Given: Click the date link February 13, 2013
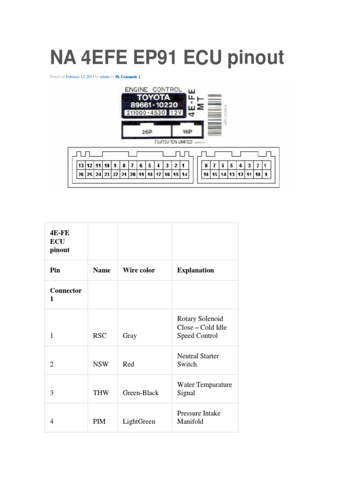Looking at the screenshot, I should click(80, 77).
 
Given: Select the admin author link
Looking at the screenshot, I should click(105, 77).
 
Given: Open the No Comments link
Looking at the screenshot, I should click(127, 77).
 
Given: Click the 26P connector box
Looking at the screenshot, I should click(147, 132).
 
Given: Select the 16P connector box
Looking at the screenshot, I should click(187, 132).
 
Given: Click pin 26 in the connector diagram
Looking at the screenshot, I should click(81, 174).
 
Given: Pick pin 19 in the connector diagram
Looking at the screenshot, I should click(141, 174).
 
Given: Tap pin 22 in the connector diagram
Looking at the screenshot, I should click(115, 174).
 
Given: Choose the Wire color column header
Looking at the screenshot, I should click(139, 270).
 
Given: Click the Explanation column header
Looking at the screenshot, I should click(195, 270).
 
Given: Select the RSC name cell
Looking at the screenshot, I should click(100, 336).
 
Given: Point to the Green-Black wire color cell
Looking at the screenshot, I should click(141, 393).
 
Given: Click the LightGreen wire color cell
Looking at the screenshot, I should click(139, 421).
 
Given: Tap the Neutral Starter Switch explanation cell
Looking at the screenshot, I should click(198, 360).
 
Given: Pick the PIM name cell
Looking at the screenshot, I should click(99, 421).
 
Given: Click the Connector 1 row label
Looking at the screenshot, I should click(66, 294).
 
